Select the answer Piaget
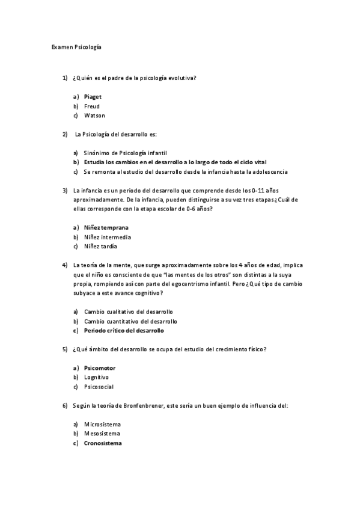click(x=93, y=96)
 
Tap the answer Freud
click(x=91, y=106)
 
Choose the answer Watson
click(x=94, y=115)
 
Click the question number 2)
click(x=65, y=134)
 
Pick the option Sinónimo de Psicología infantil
click(x=125, y=153)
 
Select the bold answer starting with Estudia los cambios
click(x=175, y=162)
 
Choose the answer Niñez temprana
click(x=106, y=227)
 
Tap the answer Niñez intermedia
click(x=107, y=237)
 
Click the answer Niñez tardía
click(x=100, y=246)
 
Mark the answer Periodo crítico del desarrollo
click(x=123, y=330)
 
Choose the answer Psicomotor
click(x=99, y=367)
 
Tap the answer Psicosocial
click(x=99, y=387)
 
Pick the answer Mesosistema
click(x=102, y=434)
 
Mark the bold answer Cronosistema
click(x=102, y=443)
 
